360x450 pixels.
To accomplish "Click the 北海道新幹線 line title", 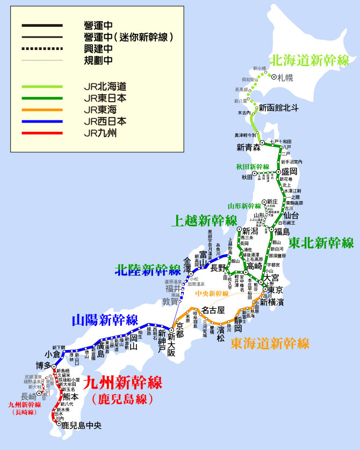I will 309,60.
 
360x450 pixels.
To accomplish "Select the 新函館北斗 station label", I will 278,107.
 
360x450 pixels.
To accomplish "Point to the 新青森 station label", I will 248,147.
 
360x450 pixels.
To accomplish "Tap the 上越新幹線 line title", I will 204,220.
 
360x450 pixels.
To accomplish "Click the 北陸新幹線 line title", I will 148,270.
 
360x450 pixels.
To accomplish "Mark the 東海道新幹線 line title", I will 270,343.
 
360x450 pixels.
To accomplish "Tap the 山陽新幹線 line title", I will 105,320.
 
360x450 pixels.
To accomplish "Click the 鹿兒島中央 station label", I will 81,425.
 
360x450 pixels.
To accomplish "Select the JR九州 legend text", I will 100,133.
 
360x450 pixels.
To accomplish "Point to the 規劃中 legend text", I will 98,60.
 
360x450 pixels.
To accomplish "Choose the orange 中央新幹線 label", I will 212,294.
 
